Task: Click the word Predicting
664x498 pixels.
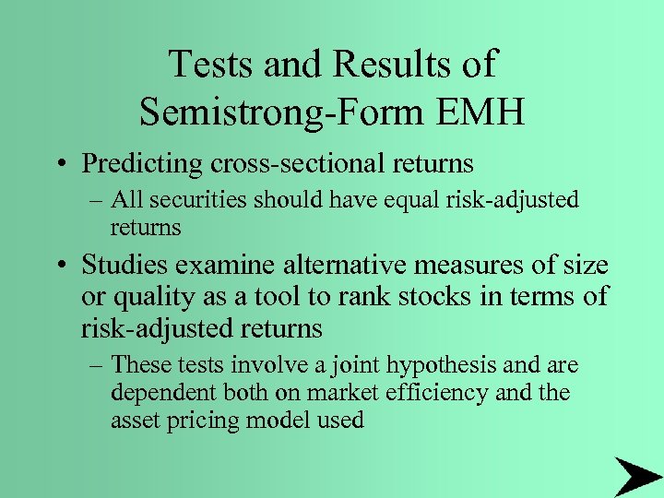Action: [x=141, y=163]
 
